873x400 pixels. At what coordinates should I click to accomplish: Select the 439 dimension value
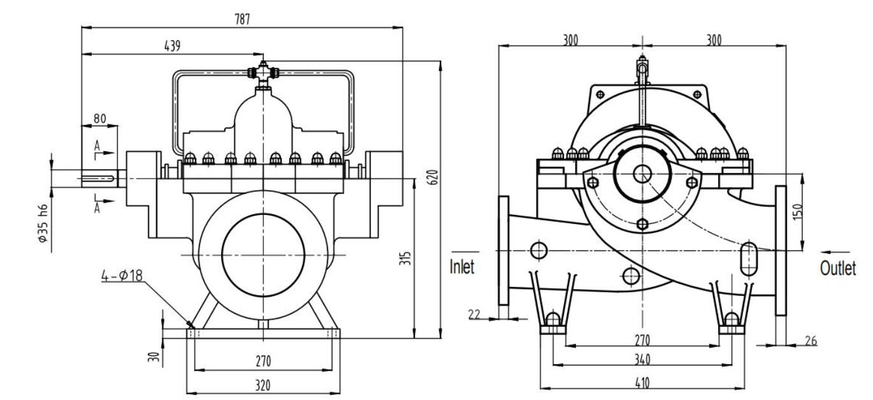[172, 45]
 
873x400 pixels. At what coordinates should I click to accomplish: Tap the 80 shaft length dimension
[99, 118]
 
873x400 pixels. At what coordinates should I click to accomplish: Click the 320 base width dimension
[263, 385]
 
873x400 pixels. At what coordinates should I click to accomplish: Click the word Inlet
[462, 267]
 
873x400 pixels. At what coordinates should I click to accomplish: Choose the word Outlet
[837, 268]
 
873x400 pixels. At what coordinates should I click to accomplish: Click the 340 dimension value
[642, 360]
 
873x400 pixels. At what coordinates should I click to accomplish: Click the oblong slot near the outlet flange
[749, 258]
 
